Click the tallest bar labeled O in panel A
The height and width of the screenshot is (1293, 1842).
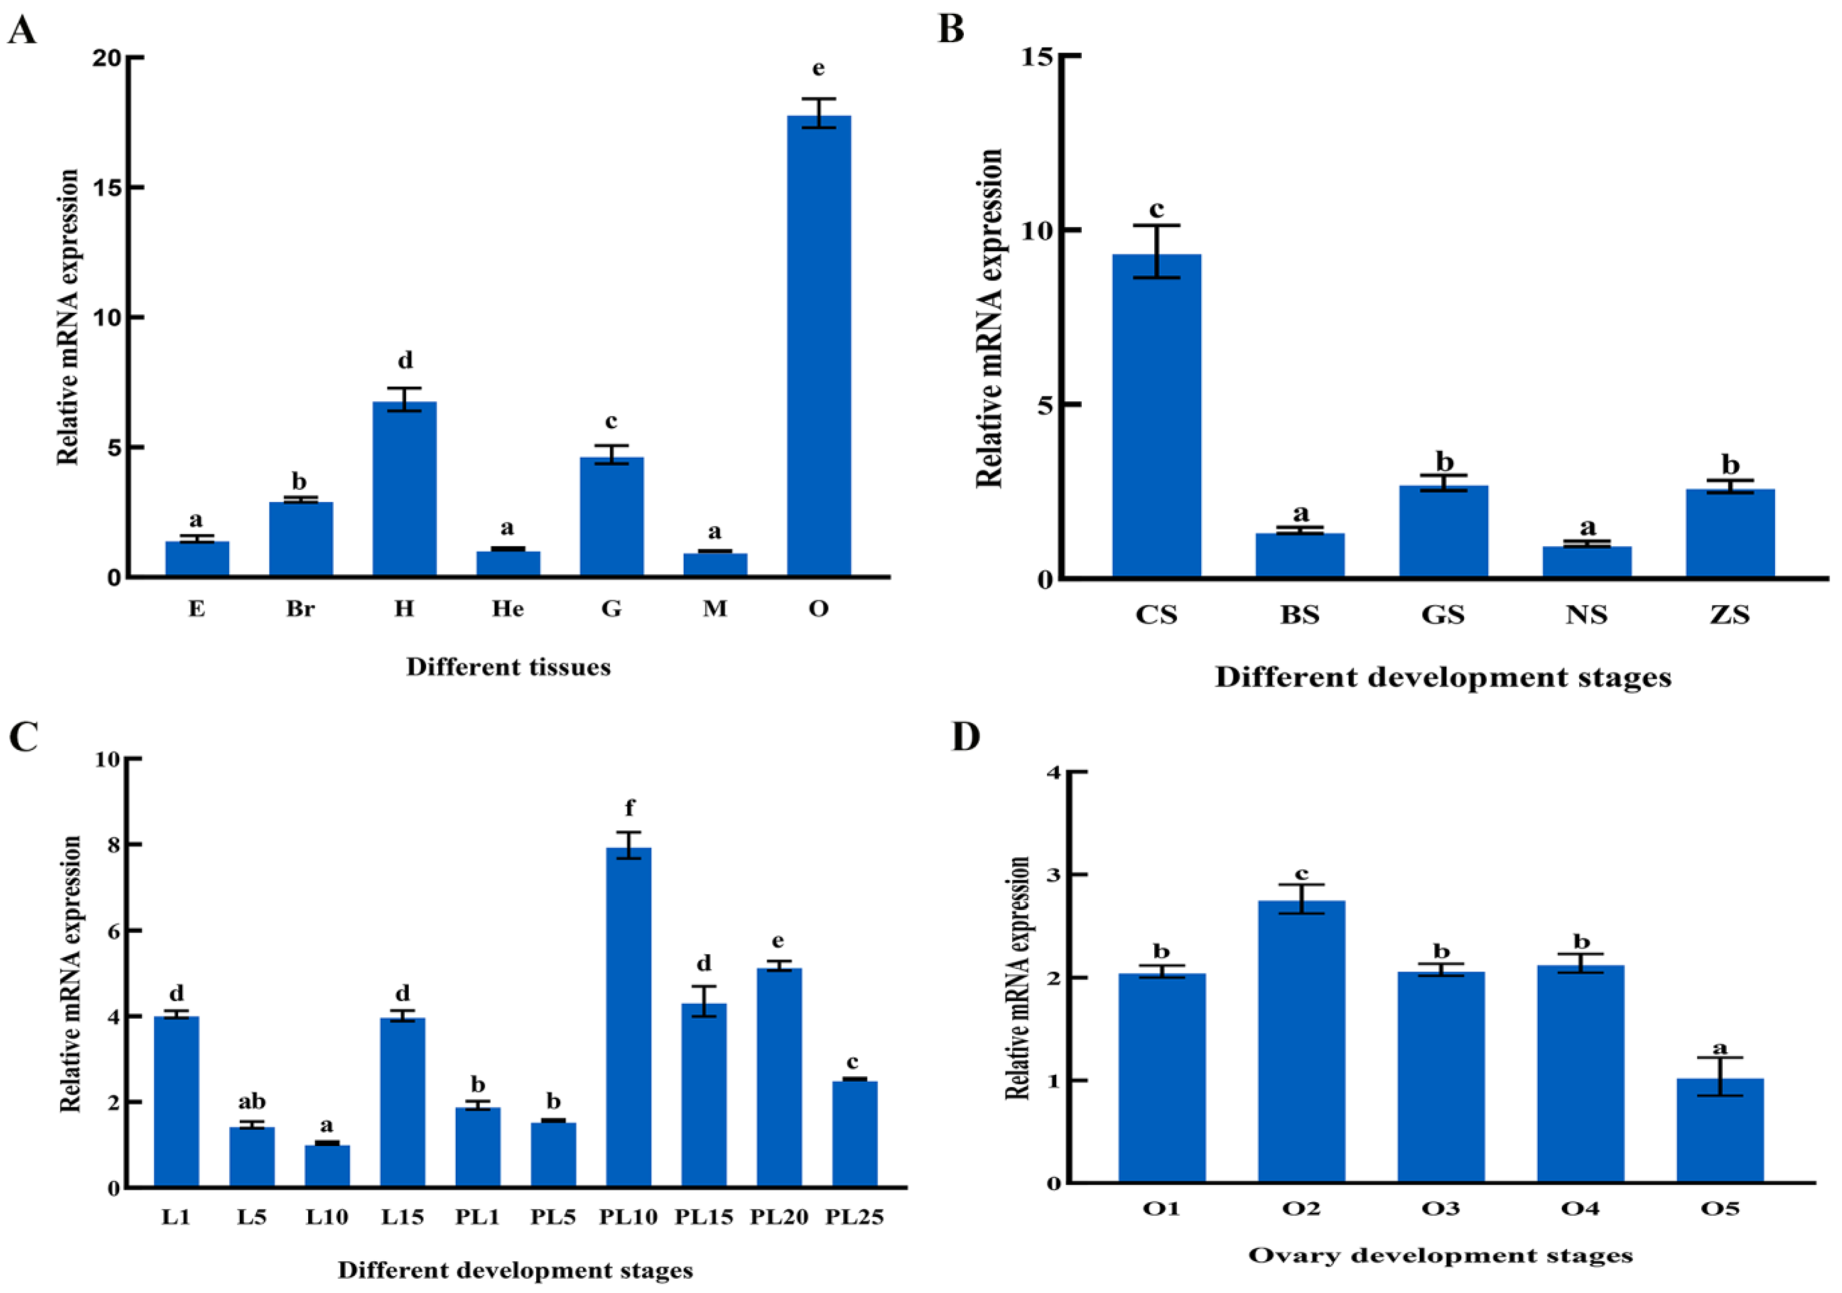[x=818, y=345]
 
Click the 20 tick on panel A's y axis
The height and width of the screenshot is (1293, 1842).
[x=107, y=58]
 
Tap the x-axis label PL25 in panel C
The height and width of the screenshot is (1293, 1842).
[x=854, y=1217]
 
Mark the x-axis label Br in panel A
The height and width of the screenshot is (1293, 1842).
[x=300, y=609]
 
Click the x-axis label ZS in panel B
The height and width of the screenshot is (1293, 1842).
[x=1730, y=615]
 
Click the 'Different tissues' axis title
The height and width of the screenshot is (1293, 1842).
[x=508, y=667]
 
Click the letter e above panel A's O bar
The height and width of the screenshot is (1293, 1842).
[x=818, y=69]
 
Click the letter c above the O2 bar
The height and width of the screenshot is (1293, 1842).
[x=1301, y=873]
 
